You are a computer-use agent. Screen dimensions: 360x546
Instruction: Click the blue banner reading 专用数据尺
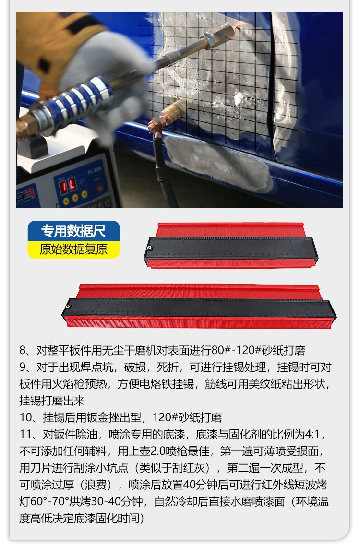pyautogui.click(x=73, y=231)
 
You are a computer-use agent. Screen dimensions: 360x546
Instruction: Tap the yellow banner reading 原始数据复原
pyautogui.click(x=73, y=249)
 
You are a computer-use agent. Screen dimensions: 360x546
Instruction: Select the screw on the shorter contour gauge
pyautogui.click(x=150, y=248)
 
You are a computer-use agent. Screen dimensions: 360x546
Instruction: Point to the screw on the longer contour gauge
pyautogui.click(x=68, y=307)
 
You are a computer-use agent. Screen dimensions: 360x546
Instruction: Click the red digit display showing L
pyautogui.click(x=72, y=184)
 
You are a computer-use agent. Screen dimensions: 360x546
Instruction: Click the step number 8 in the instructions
pyautogui.click(x=23, y=350)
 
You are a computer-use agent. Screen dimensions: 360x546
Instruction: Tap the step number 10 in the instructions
pyautogui.click(x=26, y=417)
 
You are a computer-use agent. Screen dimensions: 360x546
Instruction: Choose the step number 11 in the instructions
pyautogui.click(x=26, y=434)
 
